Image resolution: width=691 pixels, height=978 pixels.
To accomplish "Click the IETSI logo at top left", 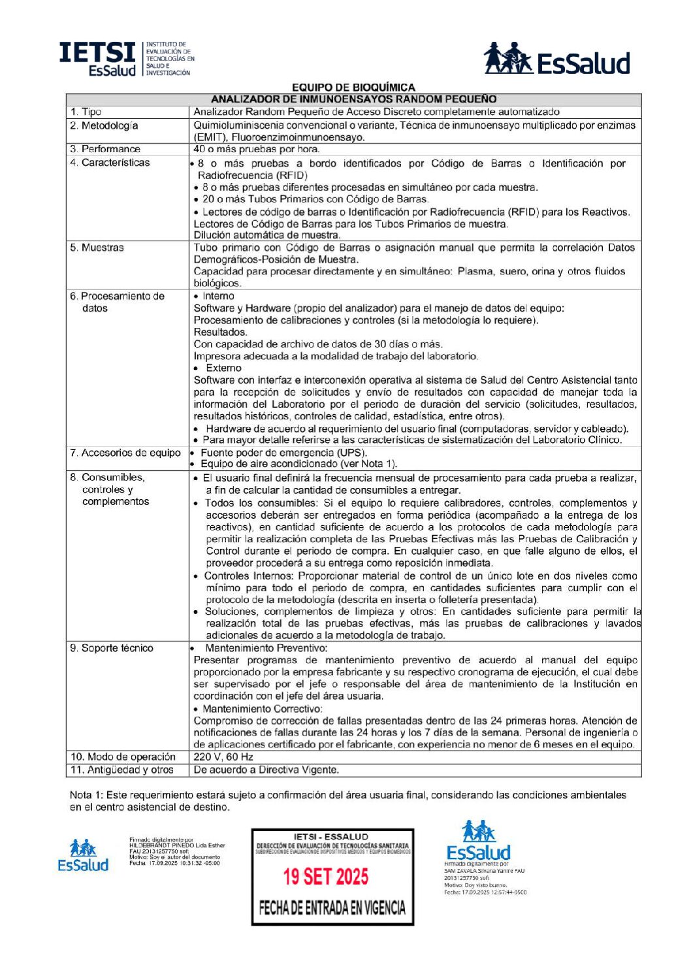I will pyautogui.click(x=126, y=58).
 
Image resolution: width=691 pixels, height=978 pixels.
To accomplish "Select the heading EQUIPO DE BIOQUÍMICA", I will pyautogui.click(x=353, y=88).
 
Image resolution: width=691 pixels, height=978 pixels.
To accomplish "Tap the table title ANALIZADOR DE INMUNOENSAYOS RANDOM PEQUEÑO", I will pyautogui.click(x=353, y=99).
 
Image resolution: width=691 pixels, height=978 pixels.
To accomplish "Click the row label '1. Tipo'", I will pyautogui.click(x=86, y=112).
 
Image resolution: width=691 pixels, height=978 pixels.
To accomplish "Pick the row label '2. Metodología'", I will pyautogui.click(x=104, y=125).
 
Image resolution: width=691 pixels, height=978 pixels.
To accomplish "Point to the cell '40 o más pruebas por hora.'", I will pyautogui.click(x=256, y=149).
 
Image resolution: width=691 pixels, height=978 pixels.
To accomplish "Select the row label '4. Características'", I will pyautogui.click(x=110, y=163).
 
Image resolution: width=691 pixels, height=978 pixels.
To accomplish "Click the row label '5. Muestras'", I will pyautogui.click(x=97, y=248).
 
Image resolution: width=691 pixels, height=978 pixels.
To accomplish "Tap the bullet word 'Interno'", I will pyautogui.click(x=218, y=296).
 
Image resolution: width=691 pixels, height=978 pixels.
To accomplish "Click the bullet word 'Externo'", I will pyautogui.click(x=223, y=368).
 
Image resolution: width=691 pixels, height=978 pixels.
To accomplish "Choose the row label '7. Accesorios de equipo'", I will pyautogui.click(x=125, y=453).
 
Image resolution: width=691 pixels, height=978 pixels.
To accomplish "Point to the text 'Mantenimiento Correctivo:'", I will pyautogui.click(x=262, y=709).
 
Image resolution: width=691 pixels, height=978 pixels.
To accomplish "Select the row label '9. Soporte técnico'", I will pyautogui.click(x=112, y=648).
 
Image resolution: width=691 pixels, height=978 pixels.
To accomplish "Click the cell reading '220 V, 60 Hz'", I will pyautogui.click(x=223, y=757).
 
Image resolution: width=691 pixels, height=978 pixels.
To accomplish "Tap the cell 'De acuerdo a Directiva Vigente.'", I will pyautogui.click(x=266, y=770).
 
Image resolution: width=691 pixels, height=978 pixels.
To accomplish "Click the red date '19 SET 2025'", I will pyautogui.click(x=325, y=876).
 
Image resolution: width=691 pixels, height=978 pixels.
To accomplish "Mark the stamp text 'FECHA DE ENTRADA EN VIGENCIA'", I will pyautogui.click(x=332, y=907).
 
